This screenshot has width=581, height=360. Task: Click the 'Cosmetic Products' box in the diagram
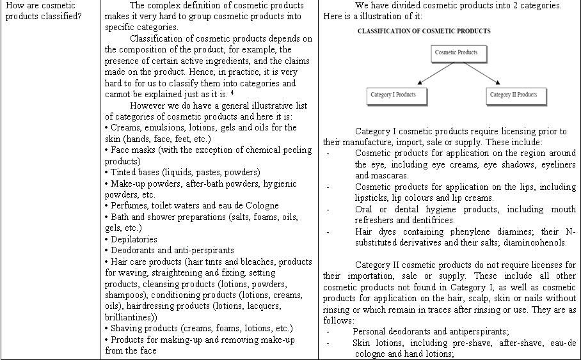pyautogui.click(x=456, y=52)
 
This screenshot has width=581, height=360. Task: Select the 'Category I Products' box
pyautogui.click(x=393, y=95)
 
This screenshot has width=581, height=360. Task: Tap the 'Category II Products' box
pyautogui.click(x=513, y=95)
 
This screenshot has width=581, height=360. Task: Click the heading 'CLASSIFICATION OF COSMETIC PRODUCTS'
pyautogui.click(x=424, y=31)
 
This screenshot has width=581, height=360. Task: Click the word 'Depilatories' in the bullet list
pyautogui.click(x=134, y=239)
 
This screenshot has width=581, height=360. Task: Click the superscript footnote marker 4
pyautogui.click(x=232, y=93)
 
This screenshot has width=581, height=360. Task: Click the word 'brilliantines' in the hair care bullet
pyautogui.click(x=132, y=317)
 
